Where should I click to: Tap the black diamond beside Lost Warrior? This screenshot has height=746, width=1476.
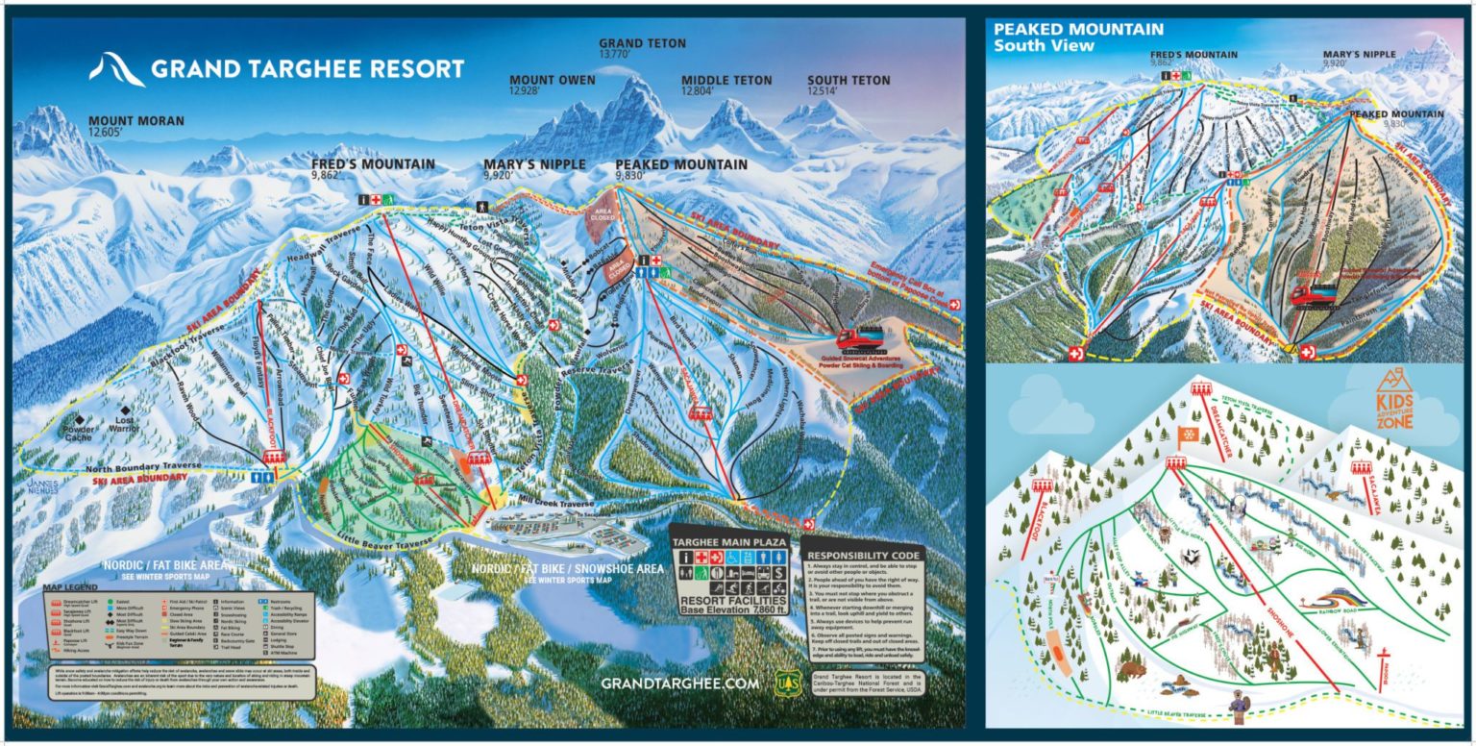[124, 411]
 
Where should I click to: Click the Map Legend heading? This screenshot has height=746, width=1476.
[70, 587]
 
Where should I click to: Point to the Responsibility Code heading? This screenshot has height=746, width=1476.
[863, 555]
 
